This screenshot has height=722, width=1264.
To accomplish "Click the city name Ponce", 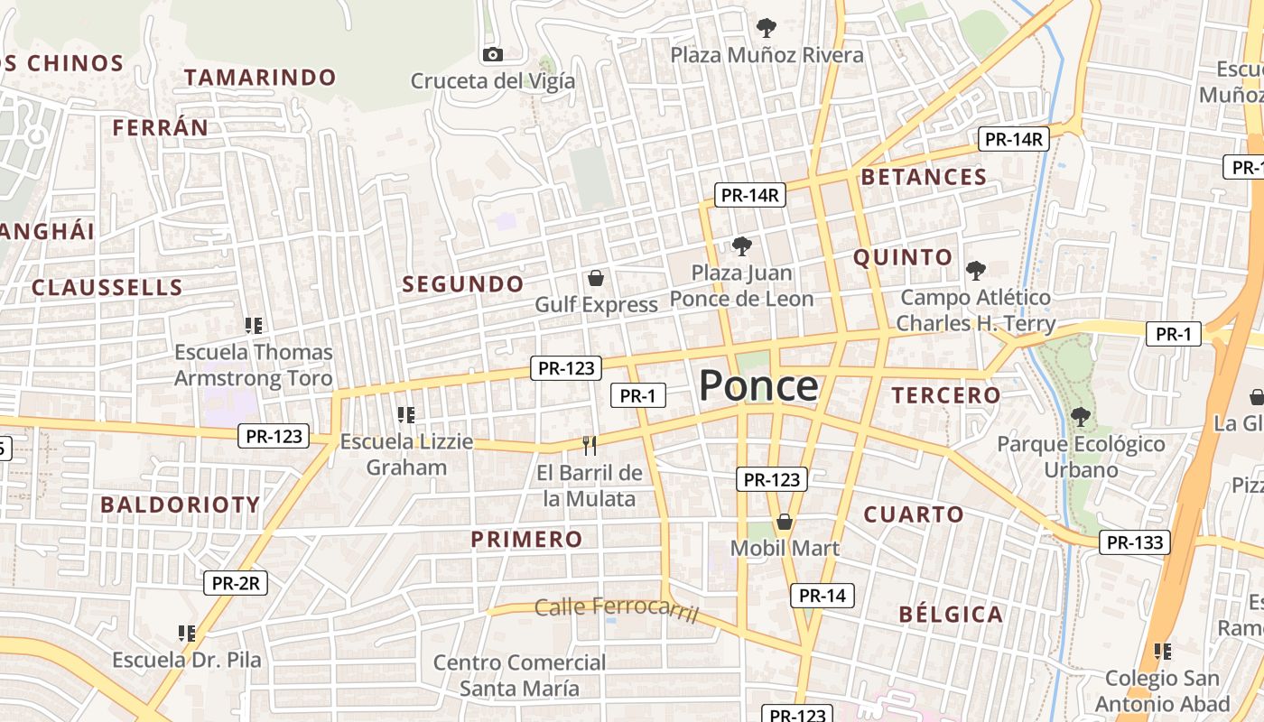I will pos(758,385).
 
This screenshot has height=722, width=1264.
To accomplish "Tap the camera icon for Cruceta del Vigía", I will pos(492,54).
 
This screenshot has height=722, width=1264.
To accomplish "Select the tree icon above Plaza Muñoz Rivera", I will pos(767,27).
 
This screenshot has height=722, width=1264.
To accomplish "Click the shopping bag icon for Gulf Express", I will pos(595,277).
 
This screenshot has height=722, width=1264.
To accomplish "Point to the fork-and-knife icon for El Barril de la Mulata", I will pos(590,445).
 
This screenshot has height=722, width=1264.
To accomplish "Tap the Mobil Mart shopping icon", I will pos(785,522).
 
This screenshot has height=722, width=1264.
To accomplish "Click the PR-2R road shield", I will pos(235,583).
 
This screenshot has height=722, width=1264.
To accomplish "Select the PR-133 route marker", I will pos(1135,542).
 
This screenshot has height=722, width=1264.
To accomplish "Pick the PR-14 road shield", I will pos(822,596).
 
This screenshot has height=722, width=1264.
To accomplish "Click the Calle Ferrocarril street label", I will pos(617,608).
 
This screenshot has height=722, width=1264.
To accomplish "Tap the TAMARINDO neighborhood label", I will pos(260,78).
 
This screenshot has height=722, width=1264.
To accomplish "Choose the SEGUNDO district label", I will pos(462,284).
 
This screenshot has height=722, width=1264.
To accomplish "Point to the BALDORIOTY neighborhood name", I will pos(180,504).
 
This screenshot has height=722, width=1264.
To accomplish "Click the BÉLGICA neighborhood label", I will pos(951,615).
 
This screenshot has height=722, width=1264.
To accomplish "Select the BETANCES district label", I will pos(924,177).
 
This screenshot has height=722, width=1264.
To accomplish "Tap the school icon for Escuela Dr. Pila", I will pos(187,634).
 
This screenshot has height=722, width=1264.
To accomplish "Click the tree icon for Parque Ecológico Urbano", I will pos(1080,416).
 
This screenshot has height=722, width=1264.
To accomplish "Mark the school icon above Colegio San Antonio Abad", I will pos(1163,651).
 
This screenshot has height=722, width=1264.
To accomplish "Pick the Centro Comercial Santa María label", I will pos(519,675).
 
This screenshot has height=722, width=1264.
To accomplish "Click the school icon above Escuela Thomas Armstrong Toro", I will pos(254,325).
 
